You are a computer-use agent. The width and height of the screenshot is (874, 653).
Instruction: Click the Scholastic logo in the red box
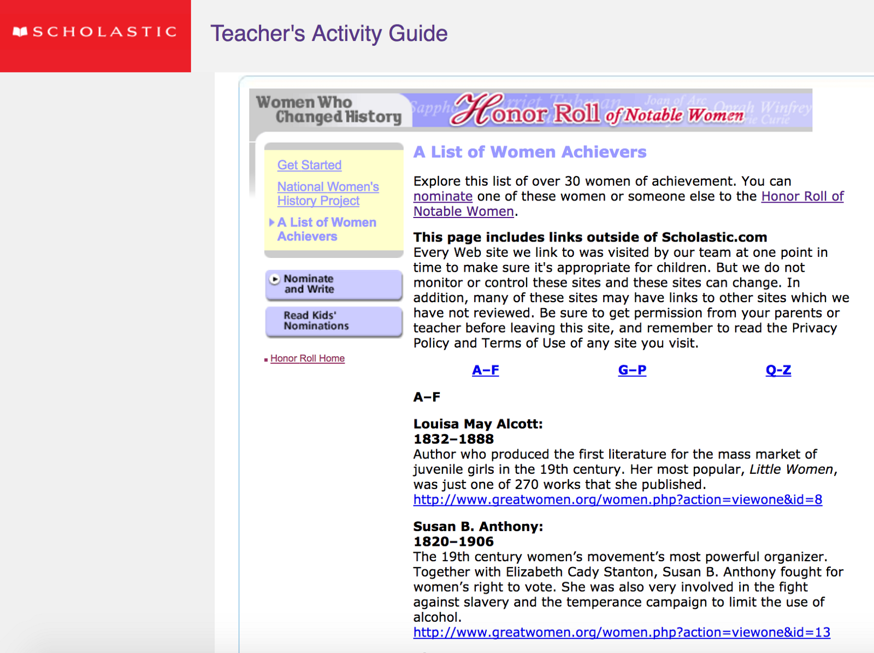click(95, 32)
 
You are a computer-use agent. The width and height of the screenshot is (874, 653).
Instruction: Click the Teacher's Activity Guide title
click(329, 33)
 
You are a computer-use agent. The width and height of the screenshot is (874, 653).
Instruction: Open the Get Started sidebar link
click(309, 165)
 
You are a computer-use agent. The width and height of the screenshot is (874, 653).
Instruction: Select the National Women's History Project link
click(328, 194)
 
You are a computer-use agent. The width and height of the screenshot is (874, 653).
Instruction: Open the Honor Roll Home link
click(307, 358)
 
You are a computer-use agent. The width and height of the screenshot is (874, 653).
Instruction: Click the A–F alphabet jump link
click(485, 370)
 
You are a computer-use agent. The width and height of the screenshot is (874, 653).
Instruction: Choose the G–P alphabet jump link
click(632, 370)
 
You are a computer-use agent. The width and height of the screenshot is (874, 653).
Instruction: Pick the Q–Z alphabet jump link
click(778, 370)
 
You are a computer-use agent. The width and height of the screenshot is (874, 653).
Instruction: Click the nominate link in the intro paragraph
click(442, 197)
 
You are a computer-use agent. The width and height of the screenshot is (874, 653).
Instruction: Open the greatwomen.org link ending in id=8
click(617, 500)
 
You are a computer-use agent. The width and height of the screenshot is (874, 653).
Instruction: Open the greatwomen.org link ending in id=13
click(621, 633)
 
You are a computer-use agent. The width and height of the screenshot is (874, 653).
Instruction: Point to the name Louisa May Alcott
click(477, 424)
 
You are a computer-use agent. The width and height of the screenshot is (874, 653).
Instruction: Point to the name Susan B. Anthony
click(477, 527)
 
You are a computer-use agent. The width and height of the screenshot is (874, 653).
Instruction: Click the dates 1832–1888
click(453, 439)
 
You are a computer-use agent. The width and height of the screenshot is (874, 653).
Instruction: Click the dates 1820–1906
click(453, 542)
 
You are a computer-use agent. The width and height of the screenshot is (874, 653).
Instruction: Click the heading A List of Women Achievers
click(529, 152)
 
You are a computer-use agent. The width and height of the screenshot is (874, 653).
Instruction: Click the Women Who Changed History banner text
click(329, 109)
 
